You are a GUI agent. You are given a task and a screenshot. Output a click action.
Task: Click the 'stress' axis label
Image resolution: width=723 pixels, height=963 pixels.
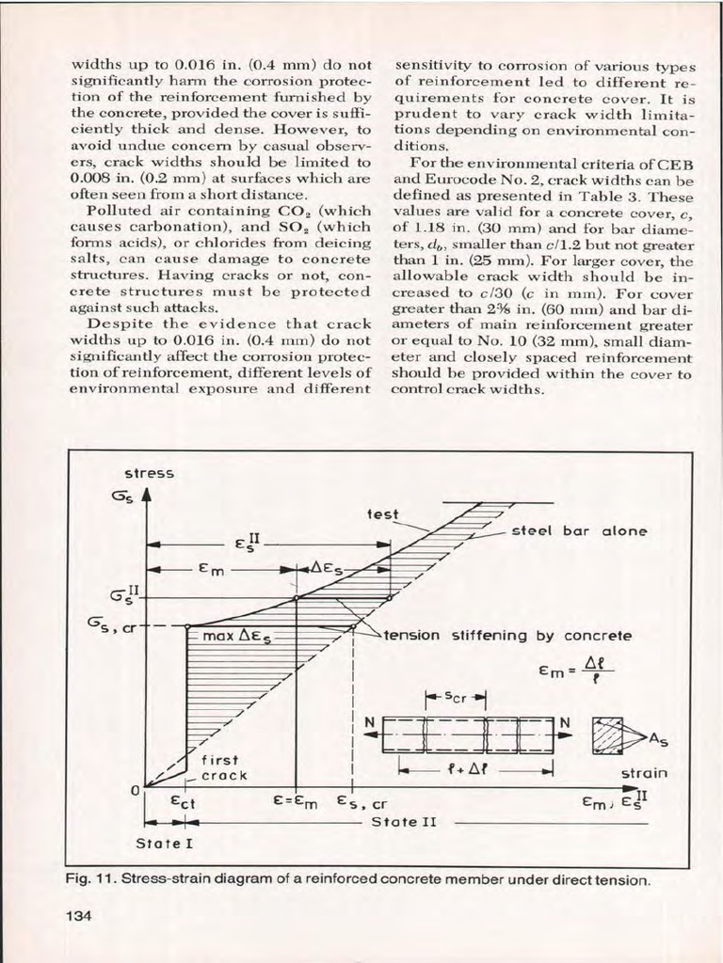pos(144,473)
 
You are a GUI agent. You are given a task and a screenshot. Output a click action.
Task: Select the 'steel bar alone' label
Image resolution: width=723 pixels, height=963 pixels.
pos(579,531)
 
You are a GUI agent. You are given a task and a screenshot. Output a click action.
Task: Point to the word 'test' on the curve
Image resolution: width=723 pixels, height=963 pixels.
pos(382,514)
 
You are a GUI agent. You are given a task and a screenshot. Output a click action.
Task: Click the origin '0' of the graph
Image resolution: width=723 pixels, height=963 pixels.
pos(136,788)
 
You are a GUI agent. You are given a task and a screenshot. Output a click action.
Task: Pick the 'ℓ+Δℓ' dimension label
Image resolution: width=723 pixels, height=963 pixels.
pos(474,769)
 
